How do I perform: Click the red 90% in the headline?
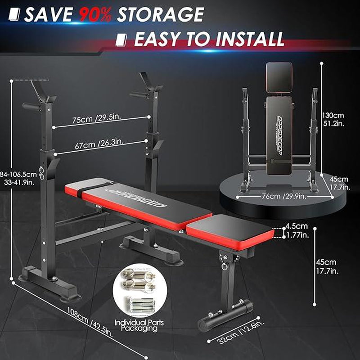pyautogui.click(x=95, y=15)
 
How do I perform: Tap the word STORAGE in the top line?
pyautogui.click(x=160, y=15)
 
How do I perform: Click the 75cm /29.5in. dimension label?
pyautogui.click(x=98, y=121)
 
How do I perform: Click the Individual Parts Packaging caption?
pyautogui.click(x=136, y=325)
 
